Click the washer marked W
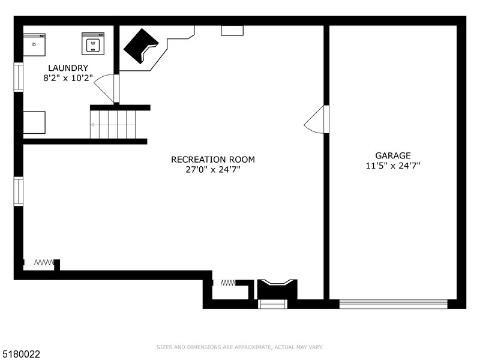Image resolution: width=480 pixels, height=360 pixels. [93, 44]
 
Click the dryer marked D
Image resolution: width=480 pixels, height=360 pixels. [34, 44]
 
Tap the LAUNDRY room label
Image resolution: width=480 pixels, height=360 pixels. [68, 68]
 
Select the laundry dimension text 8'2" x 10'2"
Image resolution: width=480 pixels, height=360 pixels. [68, 78]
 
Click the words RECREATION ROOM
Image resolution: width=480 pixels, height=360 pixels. [213, 160]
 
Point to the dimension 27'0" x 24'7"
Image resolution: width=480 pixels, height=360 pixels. [213, 169]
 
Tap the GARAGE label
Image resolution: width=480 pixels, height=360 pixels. [393, 155]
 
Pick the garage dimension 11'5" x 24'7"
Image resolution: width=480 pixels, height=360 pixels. [393, 166]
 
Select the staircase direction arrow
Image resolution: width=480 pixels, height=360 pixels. [113, 125]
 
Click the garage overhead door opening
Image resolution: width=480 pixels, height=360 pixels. [394, 304]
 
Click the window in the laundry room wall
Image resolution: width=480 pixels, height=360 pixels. [19, 77]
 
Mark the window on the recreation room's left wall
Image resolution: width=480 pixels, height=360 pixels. [19, 191]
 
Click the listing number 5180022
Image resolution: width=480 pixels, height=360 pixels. [20, 354]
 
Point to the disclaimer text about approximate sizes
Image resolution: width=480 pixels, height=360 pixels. [239, 347]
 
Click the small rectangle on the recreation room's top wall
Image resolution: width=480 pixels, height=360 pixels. [232, 31]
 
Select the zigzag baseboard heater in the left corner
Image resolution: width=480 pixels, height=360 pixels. [44, 262]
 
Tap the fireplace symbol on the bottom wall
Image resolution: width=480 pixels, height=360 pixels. [277, 289]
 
